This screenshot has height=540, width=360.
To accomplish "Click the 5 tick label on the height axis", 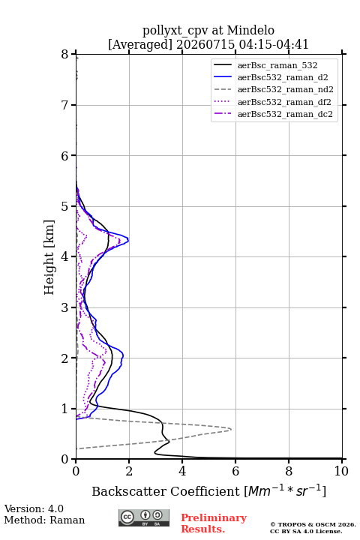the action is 65,206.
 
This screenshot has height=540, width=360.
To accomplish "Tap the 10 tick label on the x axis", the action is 341,471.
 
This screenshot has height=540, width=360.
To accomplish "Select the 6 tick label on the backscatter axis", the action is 235,471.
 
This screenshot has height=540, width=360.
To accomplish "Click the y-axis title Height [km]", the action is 49,257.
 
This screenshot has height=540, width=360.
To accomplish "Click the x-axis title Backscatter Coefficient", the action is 166,491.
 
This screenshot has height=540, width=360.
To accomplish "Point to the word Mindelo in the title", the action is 250,30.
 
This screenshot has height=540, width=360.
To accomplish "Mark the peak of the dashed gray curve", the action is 231,429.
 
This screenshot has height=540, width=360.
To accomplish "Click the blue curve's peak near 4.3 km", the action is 128,240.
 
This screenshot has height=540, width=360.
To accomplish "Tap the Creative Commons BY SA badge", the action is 144,517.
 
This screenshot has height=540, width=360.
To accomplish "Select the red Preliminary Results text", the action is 214,523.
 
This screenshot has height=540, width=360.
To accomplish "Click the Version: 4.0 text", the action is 34,508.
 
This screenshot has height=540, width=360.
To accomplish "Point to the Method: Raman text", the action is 44,520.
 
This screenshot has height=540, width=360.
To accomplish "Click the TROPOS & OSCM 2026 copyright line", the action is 313,524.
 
